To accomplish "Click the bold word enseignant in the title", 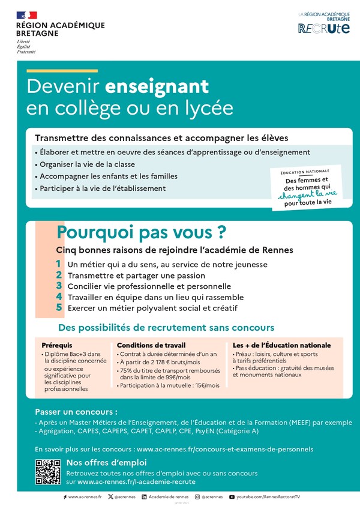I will (x=157, y=86).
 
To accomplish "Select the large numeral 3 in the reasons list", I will (x=59, y=286).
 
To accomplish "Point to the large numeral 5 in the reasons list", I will (x=59, y=307).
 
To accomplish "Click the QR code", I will (x=47, y=471).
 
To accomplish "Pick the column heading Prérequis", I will (x=57, y=345).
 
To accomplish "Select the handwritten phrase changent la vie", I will (x=307, y=194).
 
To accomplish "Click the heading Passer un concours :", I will (x=76, y=412).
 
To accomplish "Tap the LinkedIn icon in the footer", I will (x=144, y=497).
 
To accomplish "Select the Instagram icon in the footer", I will (x=197, y=497).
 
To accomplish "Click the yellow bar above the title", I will (x=62, y=71).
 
